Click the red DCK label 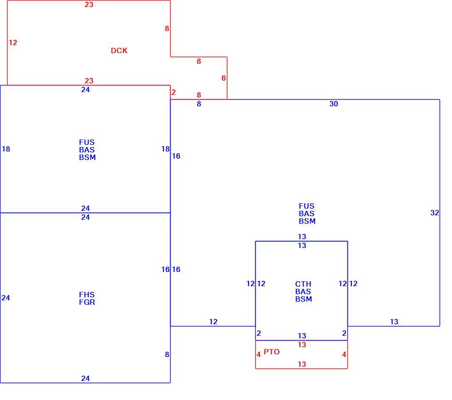(x=119, y=50)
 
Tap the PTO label (x=272, y=352)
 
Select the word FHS (x=87, y=295)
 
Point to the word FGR (x=87, y=302)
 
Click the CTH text (x=303, y=284)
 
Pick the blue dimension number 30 (x=334, y=104)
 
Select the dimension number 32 (x=434, y=213)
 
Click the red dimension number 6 (x=223, y=78)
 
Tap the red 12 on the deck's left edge (x=13, y=43)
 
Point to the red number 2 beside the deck (x=174, y=92)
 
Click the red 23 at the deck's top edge (x=89, y=4)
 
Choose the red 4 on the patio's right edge (x=344, y=354)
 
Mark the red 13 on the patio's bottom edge (x=302, y=364)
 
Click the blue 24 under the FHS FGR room (x=86, y=378)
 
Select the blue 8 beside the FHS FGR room (x=167, y=354)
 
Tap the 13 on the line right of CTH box (x=394, y=322)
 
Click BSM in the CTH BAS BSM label (x=304, y=299)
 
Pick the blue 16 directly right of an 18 (x=176, y=156)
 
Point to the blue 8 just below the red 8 (x=199, y=104)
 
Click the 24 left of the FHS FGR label (x=6, y=298)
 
